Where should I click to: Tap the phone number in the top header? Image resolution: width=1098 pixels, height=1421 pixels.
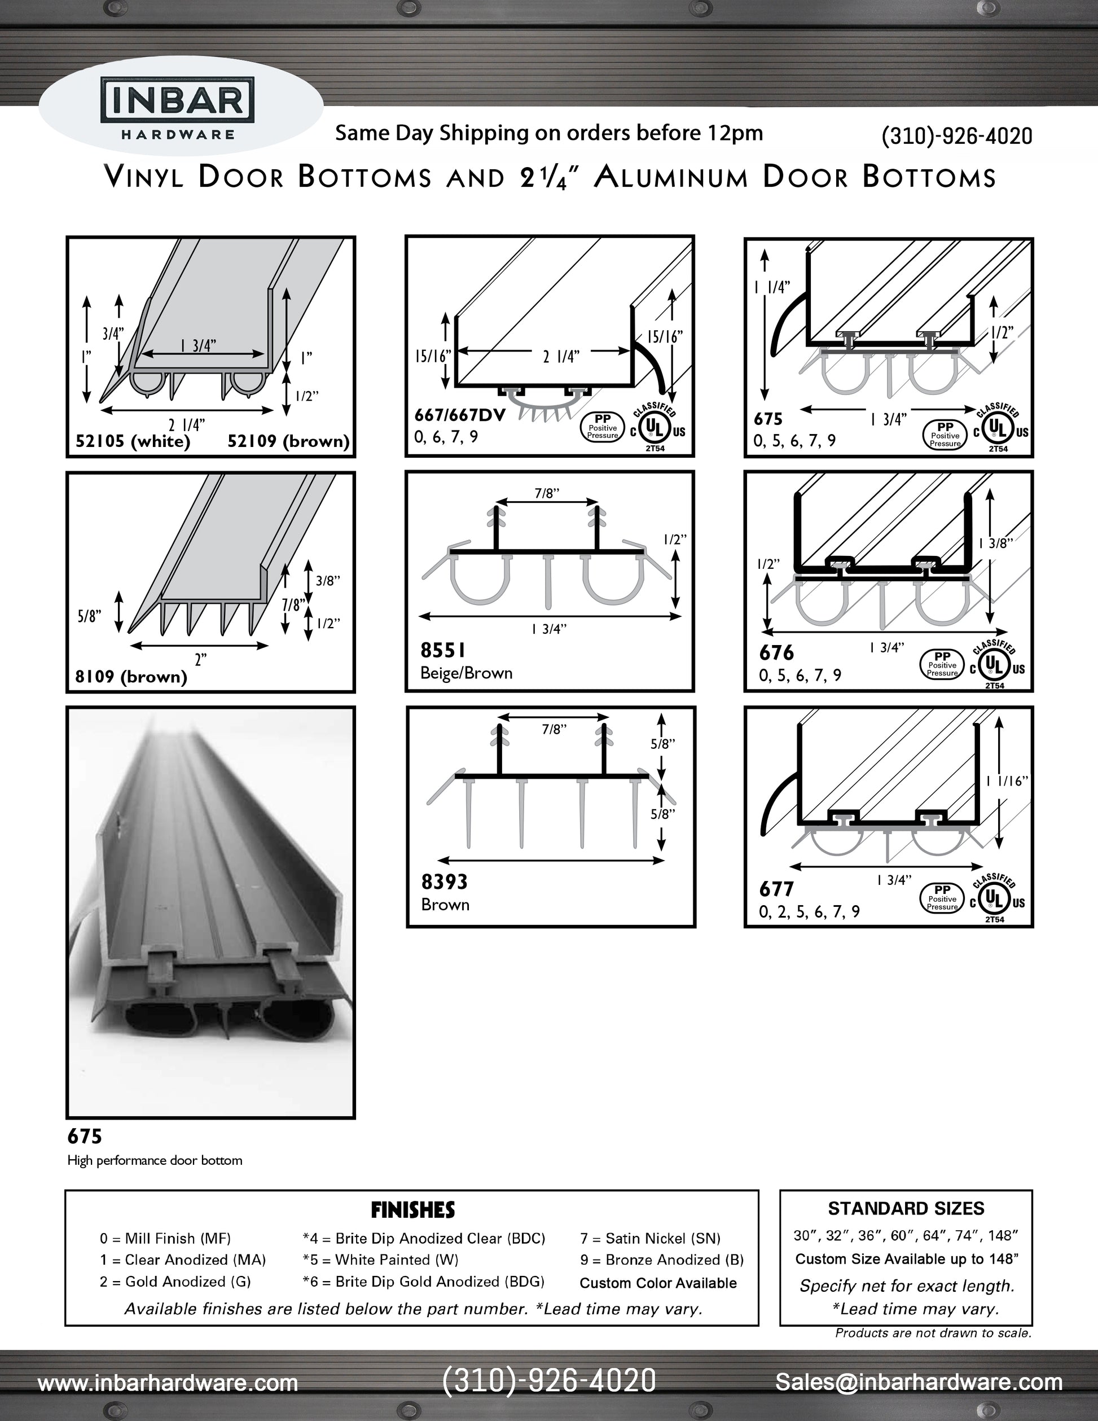pyautogui.click(x=956, y=135)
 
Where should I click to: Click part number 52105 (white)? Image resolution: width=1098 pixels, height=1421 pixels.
pyautogui.click(x=133, y=441)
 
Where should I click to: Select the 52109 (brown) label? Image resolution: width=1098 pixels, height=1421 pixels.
pyautogui.click(x=288, y=441)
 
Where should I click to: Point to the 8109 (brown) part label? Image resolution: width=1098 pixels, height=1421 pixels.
pyautogui.click(x=131, y=677)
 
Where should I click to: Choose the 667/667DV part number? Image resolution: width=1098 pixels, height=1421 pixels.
pyautogui.click(x=460, y=415)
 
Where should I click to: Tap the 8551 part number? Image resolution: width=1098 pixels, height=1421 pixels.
pyautogui.click(x=442, y=650)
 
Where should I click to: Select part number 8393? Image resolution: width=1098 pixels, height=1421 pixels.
pyautogui.click(x=444, y=881)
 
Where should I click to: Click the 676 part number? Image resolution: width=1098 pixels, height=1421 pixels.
pyautogui.click(x=776, y=652)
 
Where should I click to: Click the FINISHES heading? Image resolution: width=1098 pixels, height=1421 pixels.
pyautogui.click(x=412, y=1209)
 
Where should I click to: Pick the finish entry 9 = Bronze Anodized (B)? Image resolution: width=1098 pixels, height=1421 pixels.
pyautogui.click(x=661, y=1260)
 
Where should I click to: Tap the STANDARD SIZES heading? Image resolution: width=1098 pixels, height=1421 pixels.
pyautogui.click(x=906, y=1208)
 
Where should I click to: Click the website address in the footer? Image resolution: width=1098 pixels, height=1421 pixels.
pyautogui.click(x=168, y=1383)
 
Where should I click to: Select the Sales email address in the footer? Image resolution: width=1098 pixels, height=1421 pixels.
pyautogui.click(x=918, y=1382)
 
